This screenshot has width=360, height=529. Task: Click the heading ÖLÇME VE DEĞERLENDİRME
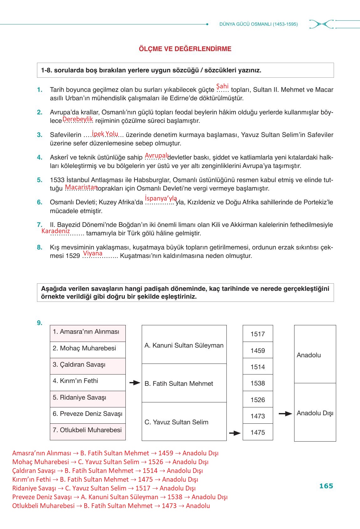coord(185,49)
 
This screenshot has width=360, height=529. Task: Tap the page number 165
coord(326,486)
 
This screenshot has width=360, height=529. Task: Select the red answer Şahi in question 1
coord(222,86)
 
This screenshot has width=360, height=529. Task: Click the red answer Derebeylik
coord(77,119)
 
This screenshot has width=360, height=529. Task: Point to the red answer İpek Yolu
coord(105,134)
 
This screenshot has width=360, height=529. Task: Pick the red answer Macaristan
coord(81,187)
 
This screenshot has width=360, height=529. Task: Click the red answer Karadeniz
coord(56,231)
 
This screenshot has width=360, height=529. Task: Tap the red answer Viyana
coord(93,253)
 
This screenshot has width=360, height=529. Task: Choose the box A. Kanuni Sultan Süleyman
coord(184,345)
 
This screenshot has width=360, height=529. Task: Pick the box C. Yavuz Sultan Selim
coord(184,422)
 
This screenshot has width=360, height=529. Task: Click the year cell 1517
coord(258,334)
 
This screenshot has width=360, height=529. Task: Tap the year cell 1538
coord(258,383)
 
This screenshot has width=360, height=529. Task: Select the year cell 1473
coord(258,416)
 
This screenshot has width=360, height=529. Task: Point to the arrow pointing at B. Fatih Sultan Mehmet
coord(135,383)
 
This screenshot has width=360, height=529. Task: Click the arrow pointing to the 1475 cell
coord(235,433)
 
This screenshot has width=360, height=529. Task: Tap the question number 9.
coord(40,323)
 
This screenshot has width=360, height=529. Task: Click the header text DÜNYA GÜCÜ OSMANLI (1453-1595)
coord(258,24)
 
